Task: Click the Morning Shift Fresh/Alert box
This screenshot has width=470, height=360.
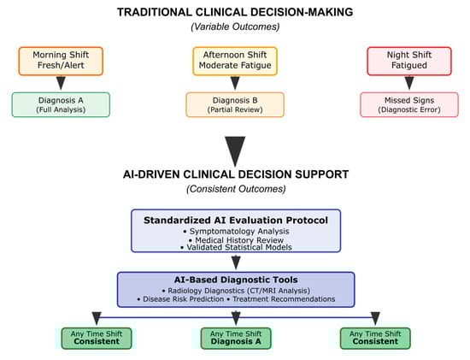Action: [x=61, y=61]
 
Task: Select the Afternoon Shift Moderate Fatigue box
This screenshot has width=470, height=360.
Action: [x=235, y=61]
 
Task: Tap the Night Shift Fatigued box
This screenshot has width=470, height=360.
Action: [x=409, y=61]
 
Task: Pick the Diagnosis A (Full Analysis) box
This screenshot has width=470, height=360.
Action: [x=61, y=104]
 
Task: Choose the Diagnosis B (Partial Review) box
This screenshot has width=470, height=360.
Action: [x=235, y=104]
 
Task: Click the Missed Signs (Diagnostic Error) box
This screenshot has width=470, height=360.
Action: [x=409, y=104]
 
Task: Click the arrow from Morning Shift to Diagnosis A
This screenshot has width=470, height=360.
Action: [x=61, y=83]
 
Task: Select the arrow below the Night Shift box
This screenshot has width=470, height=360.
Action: [x=409, y=83]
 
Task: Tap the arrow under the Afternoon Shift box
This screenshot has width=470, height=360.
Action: [x=235, y=83]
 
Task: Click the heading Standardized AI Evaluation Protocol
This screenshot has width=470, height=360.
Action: [x=236, y=221]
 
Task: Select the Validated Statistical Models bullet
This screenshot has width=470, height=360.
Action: [x=236, y=247]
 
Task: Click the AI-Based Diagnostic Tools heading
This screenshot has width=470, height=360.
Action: [x=236, y=280]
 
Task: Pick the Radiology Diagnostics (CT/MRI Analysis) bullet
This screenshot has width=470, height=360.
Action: [x=236, y=291]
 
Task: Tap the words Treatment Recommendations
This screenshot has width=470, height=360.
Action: [x=284, y=299]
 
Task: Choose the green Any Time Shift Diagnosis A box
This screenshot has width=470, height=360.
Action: [x=236, y=339]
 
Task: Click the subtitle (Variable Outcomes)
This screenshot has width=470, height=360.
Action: [x=235, y=27]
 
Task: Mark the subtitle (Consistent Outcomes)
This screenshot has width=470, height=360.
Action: [x=236, y=189]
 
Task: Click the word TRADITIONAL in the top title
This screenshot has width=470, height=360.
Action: [x=155, y=12]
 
